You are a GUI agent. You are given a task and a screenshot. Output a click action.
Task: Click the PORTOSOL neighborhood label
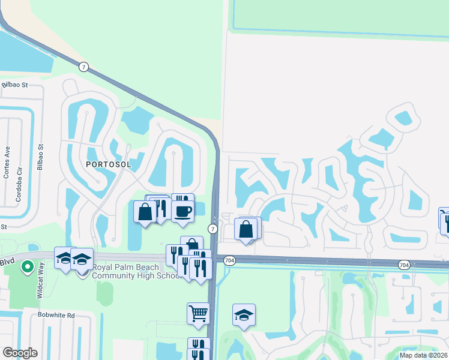coord(108,164)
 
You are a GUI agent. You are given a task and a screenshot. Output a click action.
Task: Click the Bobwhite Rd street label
coord(54,315)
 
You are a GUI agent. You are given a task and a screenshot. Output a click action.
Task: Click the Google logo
coord(19,352)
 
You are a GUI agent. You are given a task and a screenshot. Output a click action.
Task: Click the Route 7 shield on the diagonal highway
coord(84,67)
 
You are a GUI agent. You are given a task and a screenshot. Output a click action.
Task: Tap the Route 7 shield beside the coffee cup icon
coord(212,229)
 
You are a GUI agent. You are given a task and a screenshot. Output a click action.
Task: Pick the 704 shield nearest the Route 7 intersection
coord(229,260)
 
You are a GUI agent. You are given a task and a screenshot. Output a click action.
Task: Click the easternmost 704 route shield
coord(404,264)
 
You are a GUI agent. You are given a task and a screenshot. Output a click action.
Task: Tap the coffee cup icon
coord(182,211)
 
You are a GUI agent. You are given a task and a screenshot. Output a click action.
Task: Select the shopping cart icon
coord(198,313)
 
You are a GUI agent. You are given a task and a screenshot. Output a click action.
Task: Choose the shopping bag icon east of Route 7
coord(246,229)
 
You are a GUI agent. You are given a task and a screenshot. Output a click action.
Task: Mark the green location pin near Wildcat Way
coord(26,266)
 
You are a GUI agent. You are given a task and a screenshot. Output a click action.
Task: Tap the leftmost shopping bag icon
coord(145,212)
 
